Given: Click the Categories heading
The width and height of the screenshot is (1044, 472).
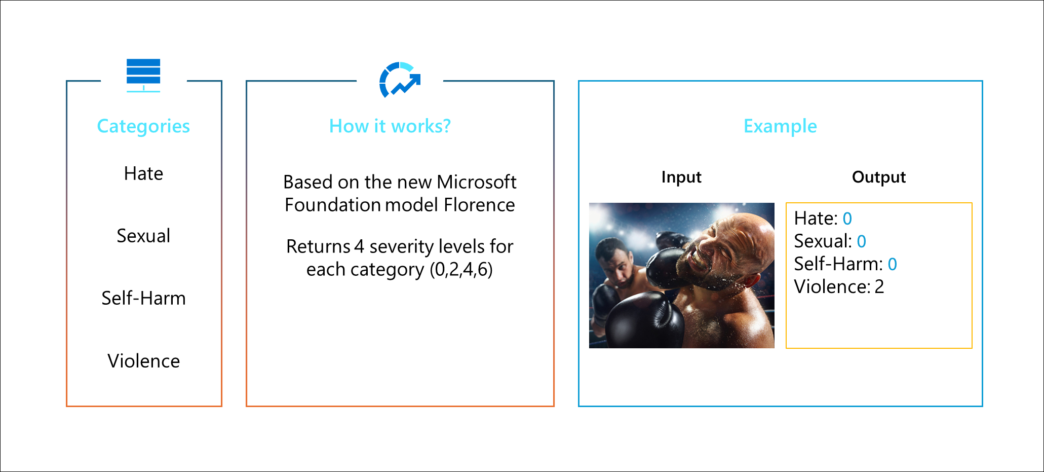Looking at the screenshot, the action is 143,126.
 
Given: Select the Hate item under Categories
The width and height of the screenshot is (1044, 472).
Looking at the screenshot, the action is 143,173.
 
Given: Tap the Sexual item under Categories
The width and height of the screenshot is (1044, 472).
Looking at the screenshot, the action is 143,236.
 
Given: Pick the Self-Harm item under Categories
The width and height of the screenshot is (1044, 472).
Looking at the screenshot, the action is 143,298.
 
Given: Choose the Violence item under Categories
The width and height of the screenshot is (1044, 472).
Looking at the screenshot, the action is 143,361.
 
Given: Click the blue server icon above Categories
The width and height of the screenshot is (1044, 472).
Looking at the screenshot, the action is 143,76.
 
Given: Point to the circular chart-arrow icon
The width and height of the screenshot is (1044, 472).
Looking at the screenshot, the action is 400,80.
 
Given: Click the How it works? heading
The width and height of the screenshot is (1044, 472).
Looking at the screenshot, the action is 390,126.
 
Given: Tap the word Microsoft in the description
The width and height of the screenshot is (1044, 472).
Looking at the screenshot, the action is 477,181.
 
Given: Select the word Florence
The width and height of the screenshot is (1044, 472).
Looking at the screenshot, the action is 479,205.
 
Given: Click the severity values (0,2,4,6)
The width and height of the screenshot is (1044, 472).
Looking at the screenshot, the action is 461,269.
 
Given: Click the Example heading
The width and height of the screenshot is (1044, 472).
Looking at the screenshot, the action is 780,126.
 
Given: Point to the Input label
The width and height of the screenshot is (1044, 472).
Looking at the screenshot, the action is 681,177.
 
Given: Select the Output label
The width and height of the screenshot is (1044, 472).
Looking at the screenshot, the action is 879,177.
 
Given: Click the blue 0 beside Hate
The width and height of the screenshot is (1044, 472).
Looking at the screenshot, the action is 847,219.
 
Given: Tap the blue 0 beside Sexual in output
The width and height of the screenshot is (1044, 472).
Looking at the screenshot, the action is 862,241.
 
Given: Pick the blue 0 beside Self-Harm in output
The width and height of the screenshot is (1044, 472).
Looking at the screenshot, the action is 893,264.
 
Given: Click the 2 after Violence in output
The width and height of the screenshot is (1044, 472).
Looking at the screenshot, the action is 879,287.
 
